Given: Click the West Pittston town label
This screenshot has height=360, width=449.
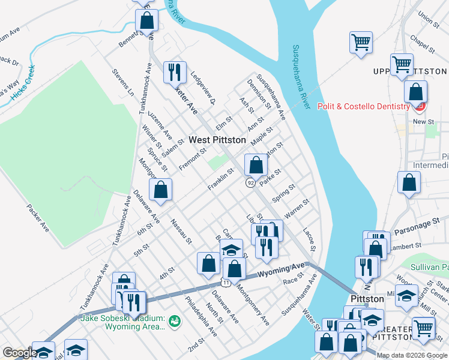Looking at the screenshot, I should point(217,140).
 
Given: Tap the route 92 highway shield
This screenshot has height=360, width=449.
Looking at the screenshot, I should point(249,182).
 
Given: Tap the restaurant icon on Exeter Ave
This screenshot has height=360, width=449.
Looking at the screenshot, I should point(175,73).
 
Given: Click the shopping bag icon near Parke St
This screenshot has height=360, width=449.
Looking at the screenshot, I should point(256,165).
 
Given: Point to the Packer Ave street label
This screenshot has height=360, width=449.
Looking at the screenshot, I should point(38,217).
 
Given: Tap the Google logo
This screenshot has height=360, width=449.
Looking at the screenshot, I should point(20,353).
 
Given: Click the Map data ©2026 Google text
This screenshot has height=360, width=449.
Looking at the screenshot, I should point(412,355).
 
